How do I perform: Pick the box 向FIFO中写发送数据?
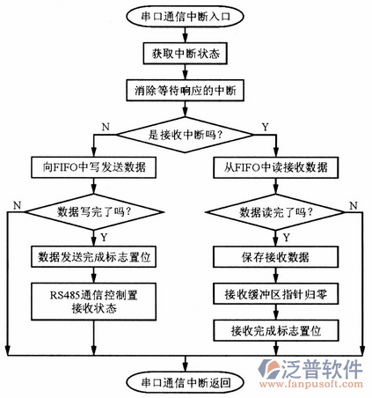click(x=94, y=167)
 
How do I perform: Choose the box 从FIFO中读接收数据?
click(x=274, y=167)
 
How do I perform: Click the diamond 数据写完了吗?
click(x=94, y=211)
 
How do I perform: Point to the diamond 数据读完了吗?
click(x=274, y=211)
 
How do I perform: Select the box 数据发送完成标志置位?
click(x=94, y=257)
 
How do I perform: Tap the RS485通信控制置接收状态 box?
click(x=94, y=302)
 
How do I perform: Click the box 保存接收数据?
click(x=274, y=257)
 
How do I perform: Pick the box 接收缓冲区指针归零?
click(x=274, y=294)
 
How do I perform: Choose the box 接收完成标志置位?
click(x=274, y=331)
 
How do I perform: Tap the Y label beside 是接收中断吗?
click(x=265, y=127)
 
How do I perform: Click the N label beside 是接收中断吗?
click(x=106, y=127)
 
